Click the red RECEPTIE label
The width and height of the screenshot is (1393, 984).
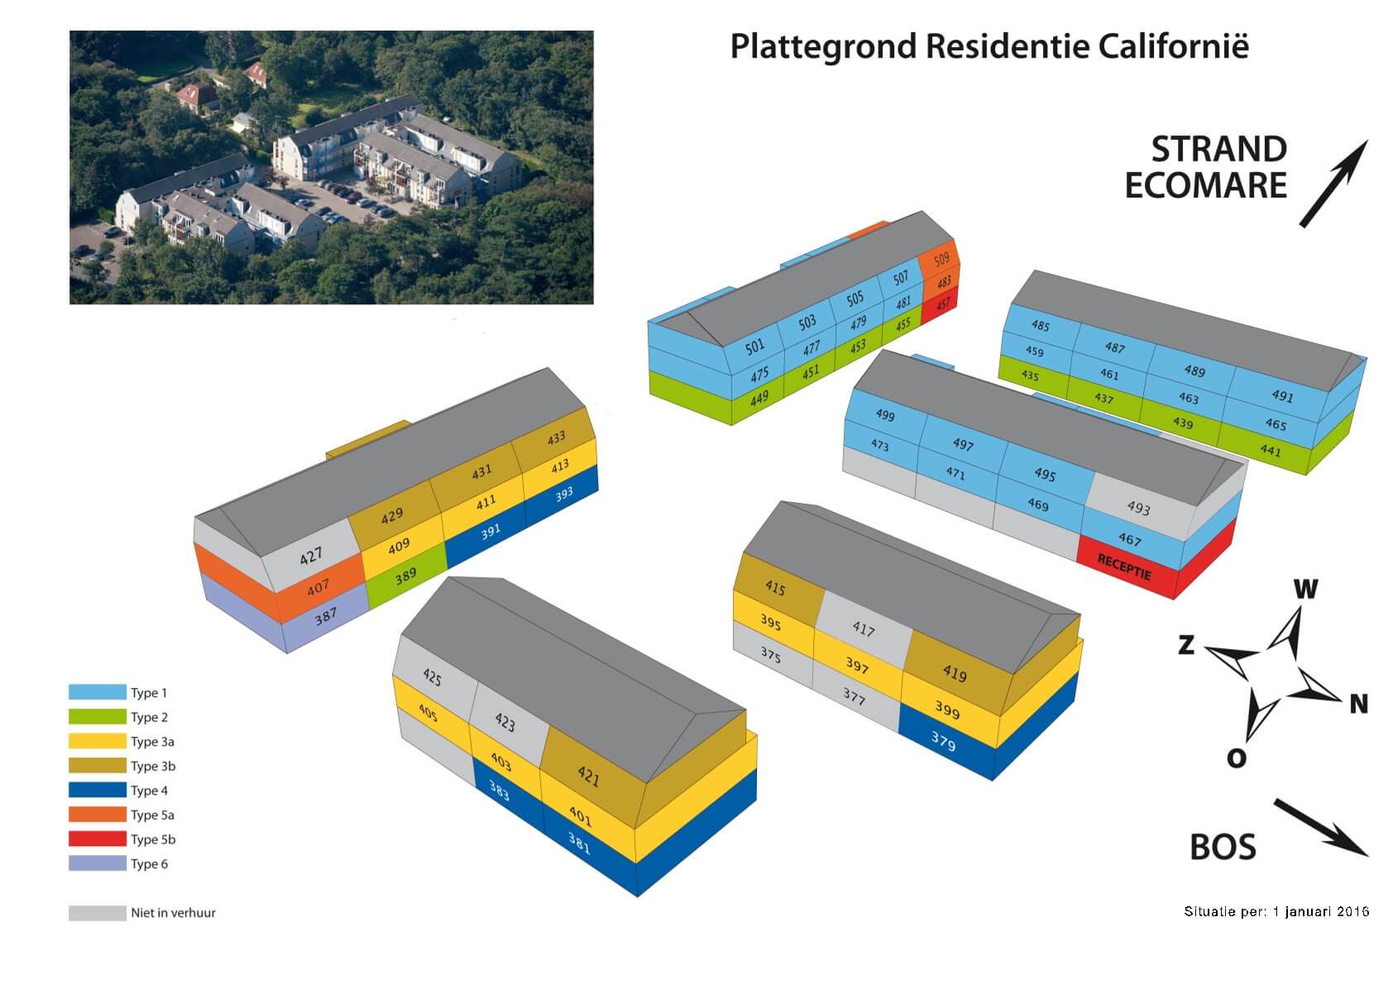point(1124,567)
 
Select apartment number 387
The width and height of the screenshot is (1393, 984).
point(325,616)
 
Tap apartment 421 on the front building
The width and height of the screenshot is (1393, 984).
point(588,776)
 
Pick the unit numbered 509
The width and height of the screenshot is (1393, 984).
point(941,260)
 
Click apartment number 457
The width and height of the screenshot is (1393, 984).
point(943,304)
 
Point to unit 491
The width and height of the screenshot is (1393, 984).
point(1282,396)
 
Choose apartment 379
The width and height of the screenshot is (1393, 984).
point(943,740)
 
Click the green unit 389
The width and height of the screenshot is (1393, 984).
point(405,576)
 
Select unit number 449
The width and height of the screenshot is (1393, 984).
point(759,399)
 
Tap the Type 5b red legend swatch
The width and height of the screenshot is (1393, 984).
point(98,839)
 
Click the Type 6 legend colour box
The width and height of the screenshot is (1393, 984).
point(98,864)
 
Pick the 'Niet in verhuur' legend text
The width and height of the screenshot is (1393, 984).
point(173,913)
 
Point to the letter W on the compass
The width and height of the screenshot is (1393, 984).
point(1304,589)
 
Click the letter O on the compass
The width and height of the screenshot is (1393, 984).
point(1236,757)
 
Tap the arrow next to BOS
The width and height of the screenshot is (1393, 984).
point(1320,827)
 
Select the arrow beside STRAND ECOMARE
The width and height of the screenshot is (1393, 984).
point(1333,183)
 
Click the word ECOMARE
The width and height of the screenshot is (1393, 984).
point(1205,185)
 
